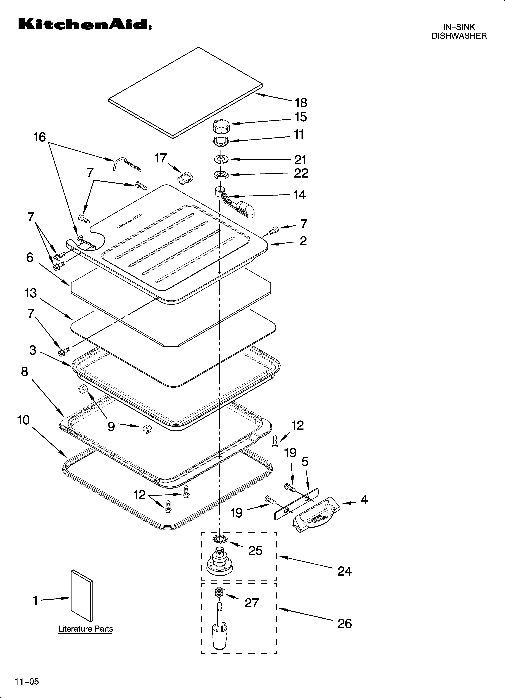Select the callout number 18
[x=301, y=103]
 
